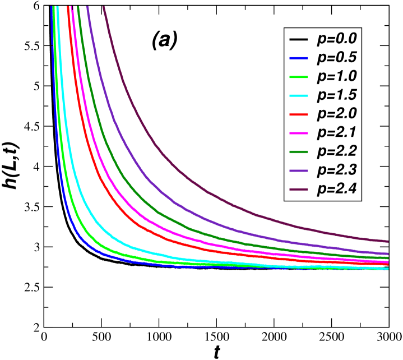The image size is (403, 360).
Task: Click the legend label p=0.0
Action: point(337,39)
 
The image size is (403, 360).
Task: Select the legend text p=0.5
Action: point(337,58)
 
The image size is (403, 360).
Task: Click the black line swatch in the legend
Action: point(299,39)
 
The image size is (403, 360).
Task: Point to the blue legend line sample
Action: point(299,58)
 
